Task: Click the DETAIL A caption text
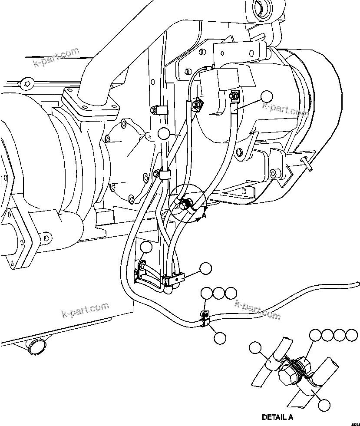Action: tap(277, 417)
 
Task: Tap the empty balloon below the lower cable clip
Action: tap(220, 338)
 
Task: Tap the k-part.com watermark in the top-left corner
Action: tap(56, 59)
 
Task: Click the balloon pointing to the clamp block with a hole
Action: tap(205, 269)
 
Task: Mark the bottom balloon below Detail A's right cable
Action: tap(324, 405)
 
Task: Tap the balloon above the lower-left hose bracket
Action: tap(146, 248)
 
